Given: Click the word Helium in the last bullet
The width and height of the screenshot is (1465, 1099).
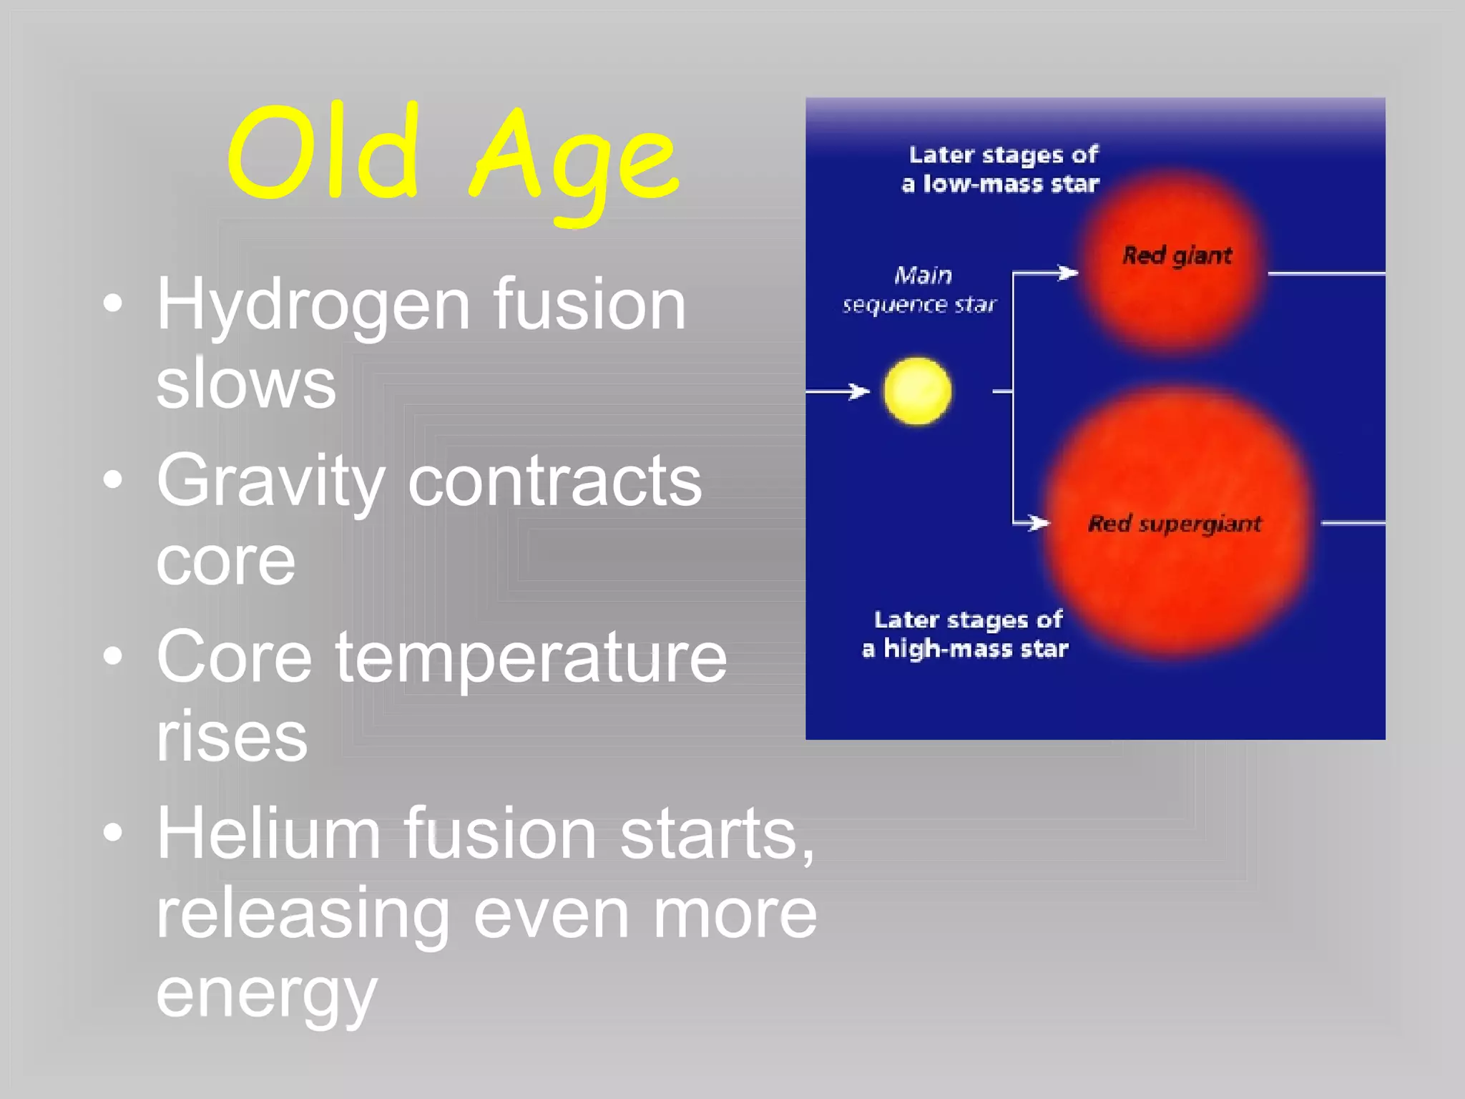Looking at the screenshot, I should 268,833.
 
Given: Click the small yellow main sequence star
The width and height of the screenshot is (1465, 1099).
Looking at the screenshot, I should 917,391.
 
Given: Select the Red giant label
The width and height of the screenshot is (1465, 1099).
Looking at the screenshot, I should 1177,255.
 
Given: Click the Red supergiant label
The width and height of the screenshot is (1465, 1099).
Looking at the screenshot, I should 1174,524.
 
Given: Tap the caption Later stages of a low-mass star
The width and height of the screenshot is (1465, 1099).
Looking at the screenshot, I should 1001,170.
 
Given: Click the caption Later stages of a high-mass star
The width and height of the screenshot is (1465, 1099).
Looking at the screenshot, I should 966,634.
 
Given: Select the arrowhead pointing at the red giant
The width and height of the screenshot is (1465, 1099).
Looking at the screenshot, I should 1069,273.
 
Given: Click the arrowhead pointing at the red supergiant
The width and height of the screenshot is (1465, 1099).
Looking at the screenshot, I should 1039,523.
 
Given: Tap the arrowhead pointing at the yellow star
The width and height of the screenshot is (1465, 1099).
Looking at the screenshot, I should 859,391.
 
